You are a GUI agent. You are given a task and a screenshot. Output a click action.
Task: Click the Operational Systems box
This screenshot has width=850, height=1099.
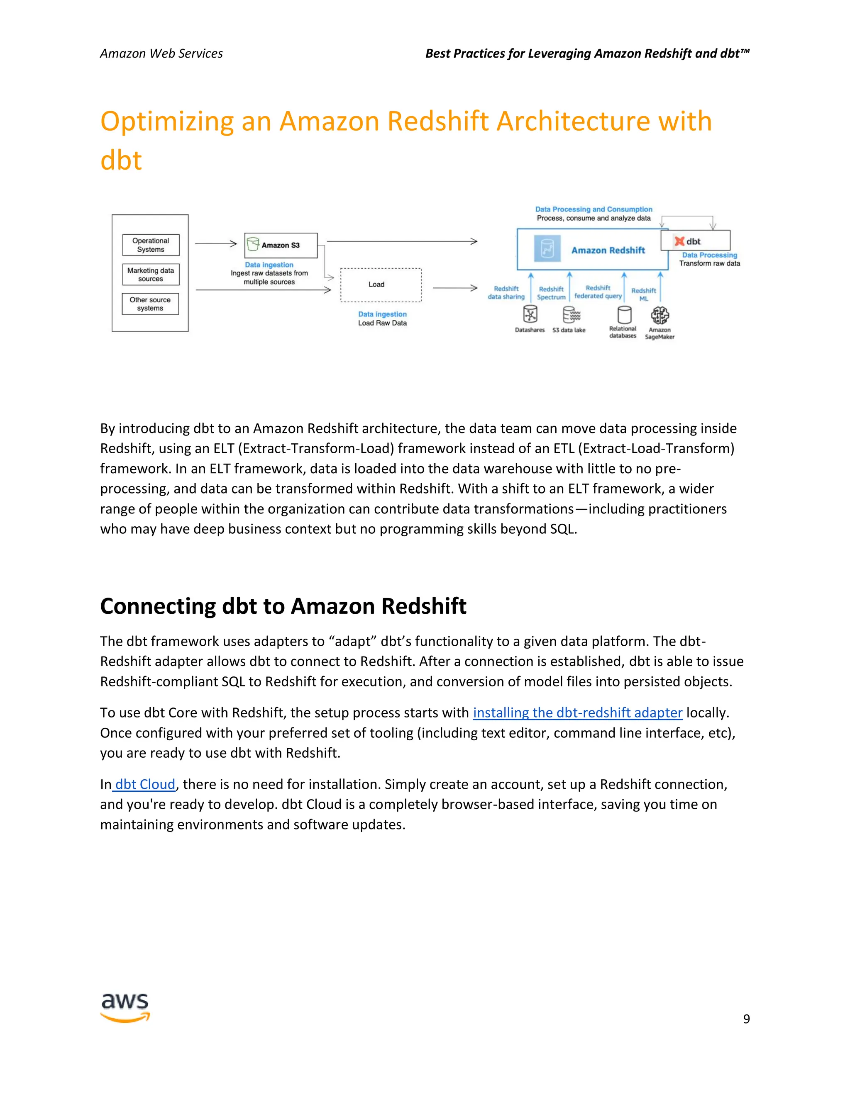(151, 245)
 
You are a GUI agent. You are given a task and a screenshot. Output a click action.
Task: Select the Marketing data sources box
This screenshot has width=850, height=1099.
(151, 274)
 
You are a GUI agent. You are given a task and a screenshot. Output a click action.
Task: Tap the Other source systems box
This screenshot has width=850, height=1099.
(150, 304)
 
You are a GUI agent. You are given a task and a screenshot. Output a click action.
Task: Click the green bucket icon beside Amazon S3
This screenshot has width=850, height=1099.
(253, 245)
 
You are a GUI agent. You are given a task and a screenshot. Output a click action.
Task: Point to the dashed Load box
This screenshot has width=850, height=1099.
(381, 285)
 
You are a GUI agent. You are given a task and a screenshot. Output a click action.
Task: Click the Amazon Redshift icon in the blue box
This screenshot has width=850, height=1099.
(547, 249)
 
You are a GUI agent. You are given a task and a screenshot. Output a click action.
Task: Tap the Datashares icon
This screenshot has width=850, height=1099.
(530, 315)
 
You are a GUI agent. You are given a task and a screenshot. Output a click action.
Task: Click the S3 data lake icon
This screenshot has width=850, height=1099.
(571, 316)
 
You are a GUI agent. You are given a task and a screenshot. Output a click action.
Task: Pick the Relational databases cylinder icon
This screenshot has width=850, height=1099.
(624, 315)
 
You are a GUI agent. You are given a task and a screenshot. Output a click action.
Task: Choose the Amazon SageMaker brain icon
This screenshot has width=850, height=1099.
(659, 316)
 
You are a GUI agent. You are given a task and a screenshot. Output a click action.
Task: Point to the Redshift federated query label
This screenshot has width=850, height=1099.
(598, 292)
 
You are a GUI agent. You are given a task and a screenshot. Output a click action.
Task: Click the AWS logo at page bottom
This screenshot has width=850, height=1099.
(125, 1007)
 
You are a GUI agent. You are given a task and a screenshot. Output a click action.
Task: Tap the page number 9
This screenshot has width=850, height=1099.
(746, 1019)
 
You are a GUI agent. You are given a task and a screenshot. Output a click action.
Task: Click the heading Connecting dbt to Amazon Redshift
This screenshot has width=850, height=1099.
(283, 606)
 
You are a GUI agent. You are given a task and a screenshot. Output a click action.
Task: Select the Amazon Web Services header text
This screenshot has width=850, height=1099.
(161, 53)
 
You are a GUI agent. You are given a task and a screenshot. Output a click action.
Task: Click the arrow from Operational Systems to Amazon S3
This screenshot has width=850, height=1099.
(215, 243)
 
